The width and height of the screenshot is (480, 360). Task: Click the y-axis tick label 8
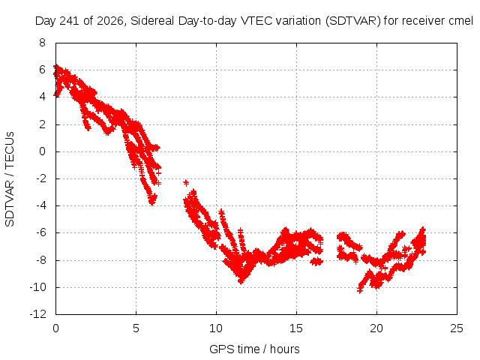[x=42, y=43]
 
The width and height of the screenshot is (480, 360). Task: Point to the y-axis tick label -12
[x=38, y=314]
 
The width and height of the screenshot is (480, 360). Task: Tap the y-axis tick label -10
[x=38, y=287]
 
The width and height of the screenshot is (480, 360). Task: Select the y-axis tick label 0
[x=42, y=151]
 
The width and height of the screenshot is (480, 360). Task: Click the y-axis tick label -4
[x=41, y=205]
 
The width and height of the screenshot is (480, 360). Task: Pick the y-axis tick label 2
[x=42, y=124]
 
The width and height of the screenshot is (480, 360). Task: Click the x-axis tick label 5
[x=136, y=328]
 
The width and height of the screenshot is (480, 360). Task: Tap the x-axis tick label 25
[x=457, y=328]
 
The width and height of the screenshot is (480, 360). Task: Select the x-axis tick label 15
[x=296, y=328]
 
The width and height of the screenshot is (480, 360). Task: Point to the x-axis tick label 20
[x=376, y=328]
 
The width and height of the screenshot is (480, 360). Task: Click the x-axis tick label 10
[x=216, y=328]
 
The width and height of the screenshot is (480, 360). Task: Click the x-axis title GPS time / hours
[x=254, y=349]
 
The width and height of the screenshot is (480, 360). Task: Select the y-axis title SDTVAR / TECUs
[x=10, y=179]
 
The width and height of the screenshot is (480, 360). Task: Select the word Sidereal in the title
[x=152, y=21]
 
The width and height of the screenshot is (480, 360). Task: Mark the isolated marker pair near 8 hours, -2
[x=186, y=183]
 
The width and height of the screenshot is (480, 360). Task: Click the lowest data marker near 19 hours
[x=360, y=289]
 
